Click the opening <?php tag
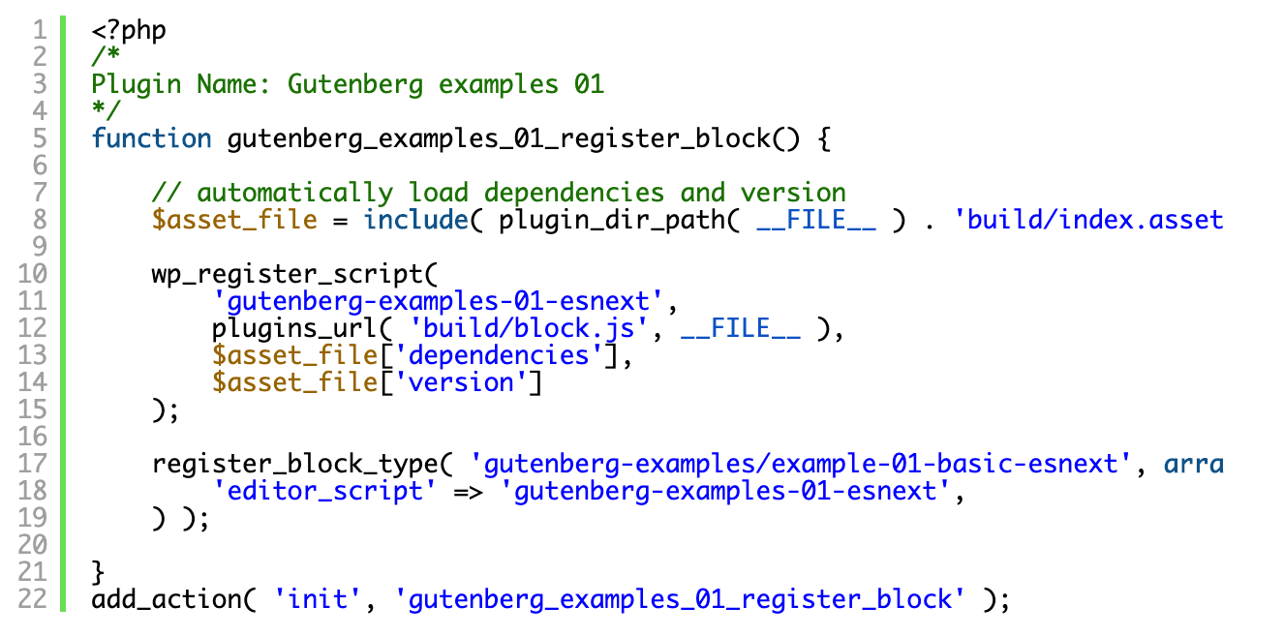point(129,30)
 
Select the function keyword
point(151,138)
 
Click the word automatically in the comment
point(294,193)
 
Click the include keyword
point(415,220)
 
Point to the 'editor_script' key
point(324,491)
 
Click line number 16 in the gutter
point(33,437)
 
